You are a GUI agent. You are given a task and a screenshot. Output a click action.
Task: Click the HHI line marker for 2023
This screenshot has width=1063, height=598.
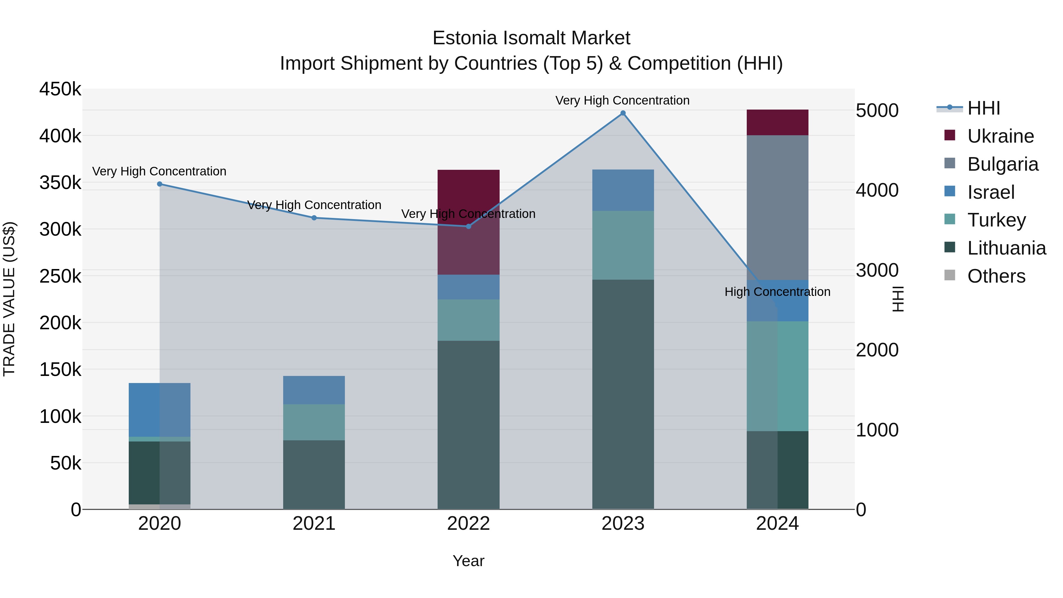623,113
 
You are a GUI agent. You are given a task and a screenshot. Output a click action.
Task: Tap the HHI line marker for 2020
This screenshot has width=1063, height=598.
160,184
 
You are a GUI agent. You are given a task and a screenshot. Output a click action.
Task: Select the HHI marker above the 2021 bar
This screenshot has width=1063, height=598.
314,218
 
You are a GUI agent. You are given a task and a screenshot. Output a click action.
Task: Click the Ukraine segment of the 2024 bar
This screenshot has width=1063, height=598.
777,123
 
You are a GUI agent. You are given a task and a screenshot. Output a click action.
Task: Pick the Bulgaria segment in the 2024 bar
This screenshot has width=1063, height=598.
777,206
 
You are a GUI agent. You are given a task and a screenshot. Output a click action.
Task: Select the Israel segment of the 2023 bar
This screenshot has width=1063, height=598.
623,190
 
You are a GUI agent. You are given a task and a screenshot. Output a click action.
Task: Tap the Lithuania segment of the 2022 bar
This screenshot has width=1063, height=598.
468,425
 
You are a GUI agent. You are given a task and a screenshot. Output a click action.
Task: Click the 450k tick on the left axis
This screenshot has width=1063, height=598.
60,89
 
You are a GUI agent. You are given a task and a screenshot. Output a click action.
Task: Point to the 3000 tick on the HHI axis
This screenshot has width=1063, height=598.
877,270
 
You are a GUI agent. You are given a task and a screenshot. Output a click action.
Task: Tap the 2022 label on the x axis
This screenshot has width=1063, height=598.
468,524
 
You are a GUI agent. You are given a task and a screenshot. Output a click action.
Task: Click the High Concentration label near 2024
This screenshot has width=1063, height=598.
777,292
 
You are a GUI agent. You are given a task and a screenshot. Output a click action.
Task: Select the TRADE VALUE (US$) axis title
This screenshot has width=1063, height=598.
9,299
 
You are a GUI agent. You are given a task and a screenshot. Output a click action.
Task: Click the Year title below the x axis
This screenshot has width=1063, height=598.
468,561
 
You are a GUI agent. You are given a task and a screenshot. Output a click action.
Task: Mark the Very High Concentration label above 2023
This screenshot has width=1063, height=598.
622,100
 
